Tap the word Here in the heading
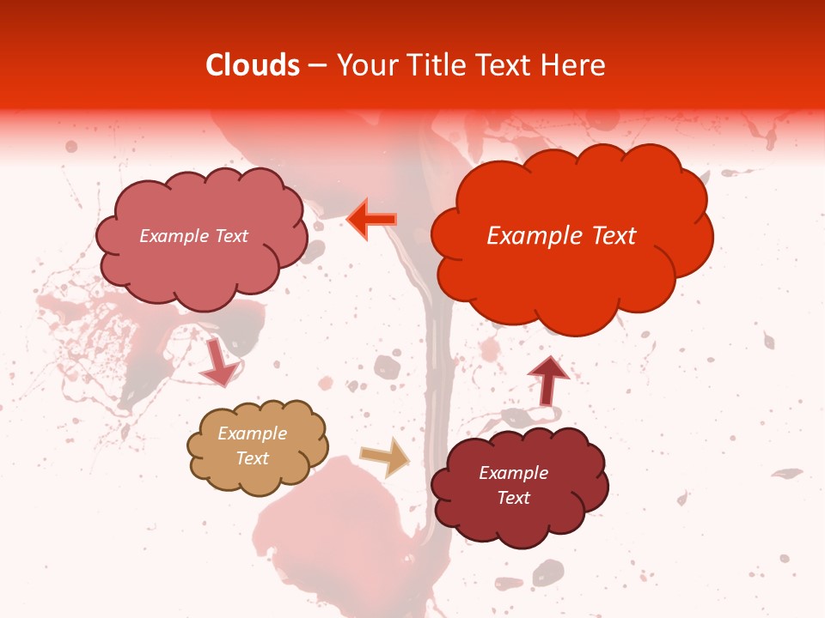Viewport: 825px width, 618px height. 576,65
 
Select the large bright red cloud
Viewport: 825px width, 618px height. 571,257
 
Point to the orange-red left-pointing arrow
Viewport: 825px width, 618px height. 372,219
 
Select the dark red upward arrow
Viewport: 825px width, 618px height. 547,380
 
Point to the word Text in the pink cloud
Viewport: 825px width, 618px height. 231,236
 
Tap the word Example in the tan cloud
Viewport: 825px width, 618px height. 253,434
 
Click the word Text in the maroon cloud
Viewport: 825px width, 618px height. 514,498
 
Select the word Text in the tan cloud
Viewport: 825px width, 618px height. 253,458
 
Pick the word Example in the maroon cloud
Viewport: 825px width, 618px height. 514,473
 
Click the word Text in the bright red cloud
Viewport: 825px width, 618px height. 613,236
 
